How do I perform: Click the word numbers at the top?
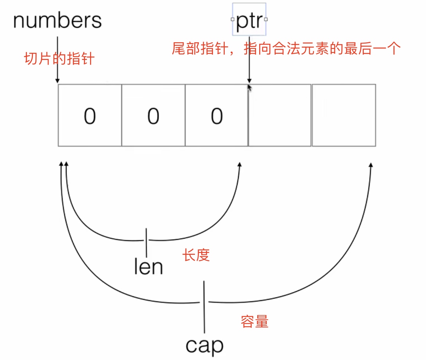tap(58, 20)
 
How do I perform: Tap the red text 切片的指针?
tap(59, 59)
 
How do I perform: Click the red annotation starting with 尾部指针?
tap(286, 49)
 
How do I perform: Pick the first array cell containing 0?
tap(90, 115)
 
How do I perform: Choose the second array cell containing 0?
tap(153, 115)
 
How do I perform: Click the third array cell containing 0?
tap(217, 115)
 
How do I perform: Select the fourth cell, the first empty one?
tap(280, 115)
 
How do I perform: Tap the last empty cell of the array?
tap(344, 115)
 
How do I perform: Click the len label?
tap(148, 267)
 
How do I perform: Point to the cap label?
tap(204, 345)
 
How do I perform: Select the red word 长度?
tap(196, 255)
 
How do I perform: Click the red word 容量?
tap(254, 322)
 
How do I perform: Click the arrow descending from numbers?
tap(58, 59)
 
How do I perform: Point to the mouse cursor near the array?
tap(249, 88)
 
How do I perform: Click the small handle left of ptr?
tap(233, 19)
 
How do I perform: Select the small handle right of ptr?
tap(266, 19)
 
